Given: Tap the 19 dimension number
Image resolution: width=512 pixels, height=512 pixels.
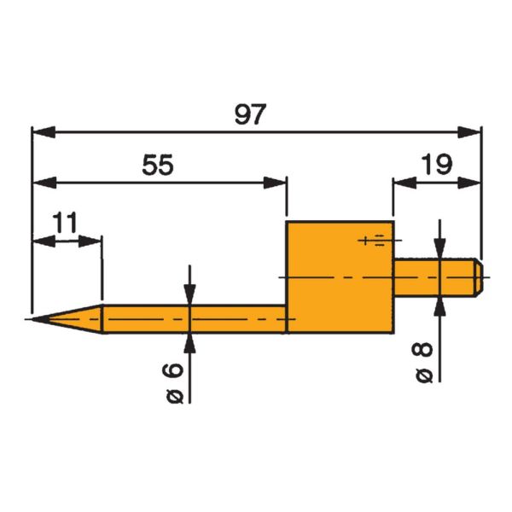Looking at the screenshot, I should [x=436, y=165].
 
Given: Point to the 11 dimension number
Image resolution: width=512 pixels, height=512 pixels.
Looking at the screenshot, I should [x=65, y=223].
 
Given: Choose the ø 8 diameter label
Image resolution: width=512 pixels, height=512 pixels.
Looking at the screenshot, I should [x=423, y=363].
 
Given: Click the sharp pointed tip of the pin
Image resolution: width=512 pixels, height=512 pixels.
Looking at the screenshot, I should [x=30, y=320].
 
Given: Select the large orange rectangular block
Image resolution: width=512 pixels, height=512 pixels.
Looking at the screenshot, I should [x=340, y=277].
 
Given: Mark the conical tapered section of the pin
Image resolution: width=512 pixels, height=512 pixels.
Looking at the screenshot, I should [x=73, y=320].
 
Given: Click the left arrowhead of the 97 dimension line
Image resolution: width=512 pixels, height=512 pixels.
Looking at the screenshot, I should [x=43, y=132].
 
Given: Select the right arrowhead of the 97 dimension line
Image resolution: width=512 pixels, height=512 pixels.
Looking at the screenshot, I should [x=470, y=132].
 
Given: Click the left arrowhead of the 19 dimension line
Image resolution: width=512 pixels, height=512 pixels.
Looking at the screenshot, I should [x=403, y=182].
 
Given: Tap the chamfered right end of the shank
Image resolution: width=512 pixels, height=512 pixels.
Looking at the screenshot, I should [x=480, y=277].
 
